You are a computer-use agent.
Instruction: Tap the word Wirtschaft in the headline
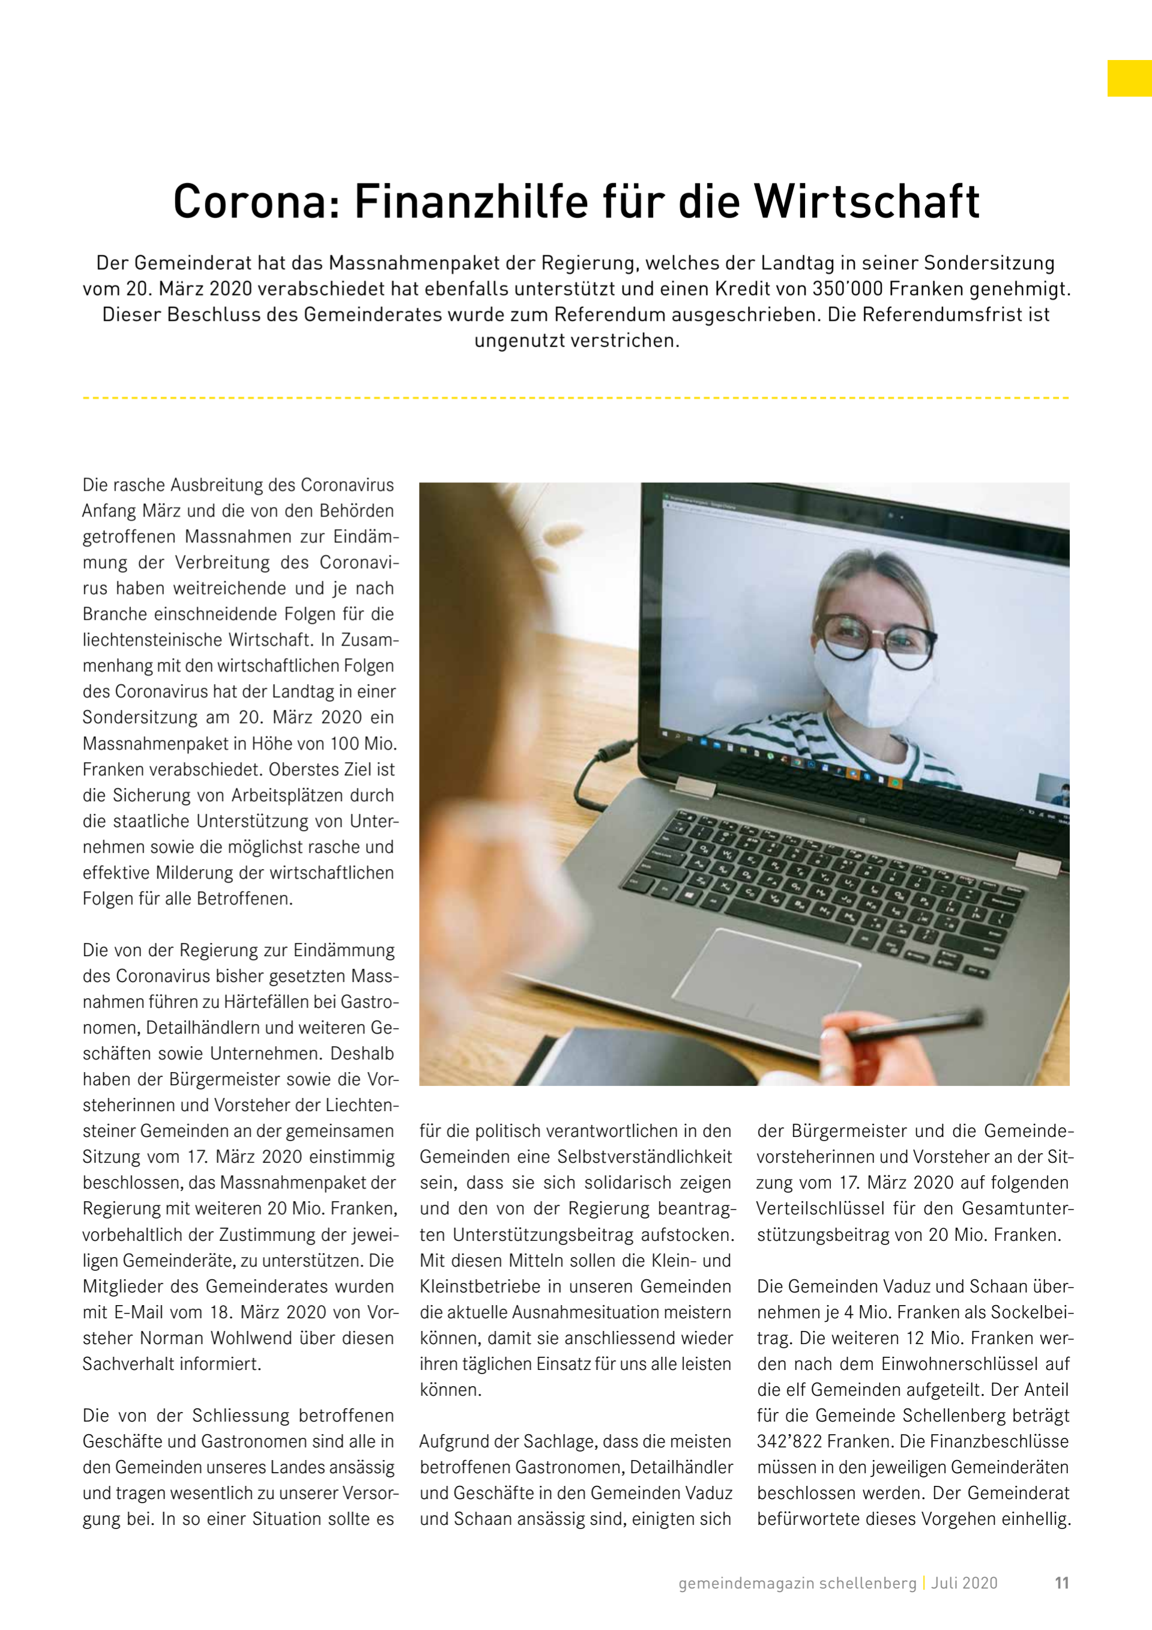coord(867,202)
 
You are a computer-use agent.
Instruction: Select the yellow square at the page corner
coord(1129,78)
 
